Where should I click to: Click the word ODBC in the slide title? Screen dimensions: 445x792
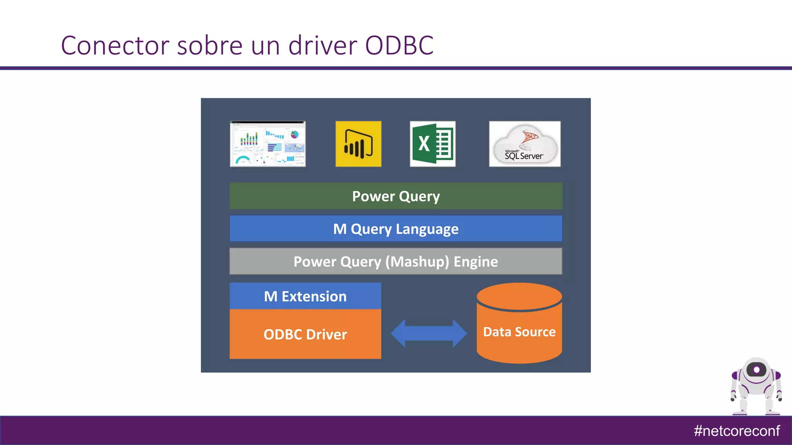pyautogui.click(x=399, y=46)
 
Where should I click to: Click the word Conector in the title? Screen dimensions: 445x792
pyautogui.click(x=115, y=46)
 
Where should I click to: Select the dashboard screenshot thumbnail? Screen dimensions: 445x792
pyautogui.click(x=268, y=144)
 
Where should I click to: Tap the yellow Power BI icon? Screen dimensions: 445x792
pyautogui.click(x=358, y=144)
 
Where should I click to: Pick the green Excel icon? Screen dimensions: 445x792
pyautogui.click(x=432, y=144)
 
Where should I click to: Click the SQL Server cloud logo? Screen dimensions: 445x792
pyautogui.click(x=524, y=144)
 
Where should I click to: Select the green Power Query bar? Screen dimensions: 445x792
pyautogui.click(x=396, y=196)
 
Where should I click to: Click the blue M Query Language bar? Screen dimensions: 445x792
pyautogui.click(x=396, y=229)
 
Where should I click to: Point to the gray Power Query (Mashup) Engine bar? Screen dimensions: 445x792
pyautogui.click(x=396, y=262)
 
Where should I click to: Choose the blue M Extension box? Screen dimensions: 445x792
pyautogui.click(x=305, y=296)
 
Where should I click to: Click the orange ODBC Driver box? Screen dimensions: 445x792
pyautogui.click(x=305, y=334)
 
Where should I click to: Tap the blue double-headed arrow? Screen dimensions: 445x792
pyautogui.click(x=428, y=333)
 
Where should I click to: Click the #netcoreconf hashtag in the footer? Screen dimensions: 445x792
pyautogui.click(x=736, y=431)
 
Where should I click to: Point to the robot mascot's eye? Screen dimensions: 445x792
pyautogui.click(x=756, y=370)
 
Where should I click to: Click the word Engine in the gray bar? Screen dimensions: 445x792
pyautogui.click(x=476, y=262)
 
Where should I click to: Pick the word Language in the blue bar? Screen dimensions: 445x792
pyautogui.click(x=427, y=229)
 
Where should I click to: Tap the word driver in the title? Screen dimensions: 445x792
pyautogui.click(x=323, y=46)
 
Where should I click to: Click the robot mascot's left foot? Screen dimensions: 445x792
pyautogui.click(x=740, y=412)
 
